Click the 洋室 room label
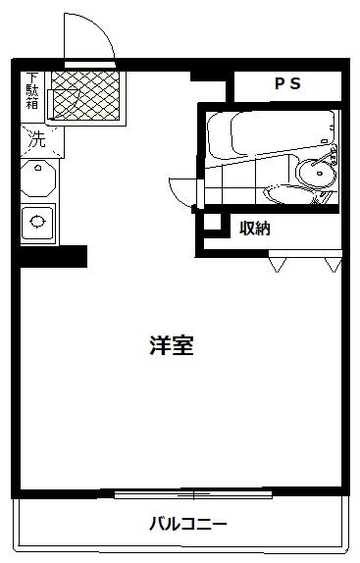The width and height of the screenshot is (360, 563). click(x=172, y=345)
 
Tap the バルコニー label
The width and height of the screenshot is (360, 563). click(x=188, y=524)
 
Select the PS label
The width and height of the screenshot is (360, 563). click(x=287, y=83)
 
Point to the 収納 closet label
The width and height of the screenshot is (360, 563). click(x=255, y=228)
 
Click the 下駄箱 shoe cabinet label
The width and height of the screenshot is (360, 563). click(x=32, y=91)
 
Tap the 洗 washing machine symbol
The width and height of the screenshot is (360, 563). click(x=37, y=139)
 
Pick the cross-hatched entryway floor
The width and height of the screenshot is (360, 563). click(x=85, y=95)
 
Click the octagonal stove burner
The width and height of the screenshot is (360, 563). click(x=38, y=179)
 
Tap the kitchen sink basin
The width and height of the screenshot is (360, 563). click(x=37, y=222)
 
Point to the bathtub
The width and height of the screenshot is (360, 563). click(x=271, y=135)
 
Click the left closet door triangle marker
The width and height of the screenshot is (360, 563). click(x=278, y=264)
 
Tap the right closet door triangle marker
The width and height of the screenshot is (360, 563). click(x=333, y=264)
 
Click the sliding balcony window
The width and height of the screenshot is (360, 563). click(x=193, y=494)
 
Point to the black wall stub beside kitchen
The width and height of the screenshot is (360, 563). click(x=53, y=256)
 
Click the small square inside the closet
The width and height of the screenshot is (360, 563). click(x=212, y=223)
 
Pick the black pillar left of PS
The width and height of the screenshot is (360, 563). click(x=208, y=76)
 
